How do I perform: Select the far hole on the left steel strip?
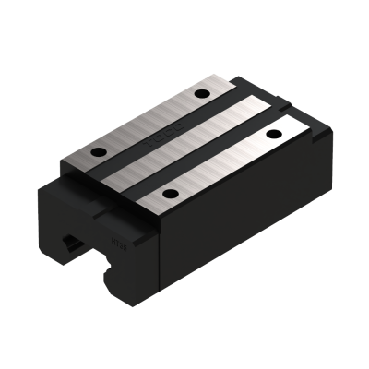pyautogui.click(x=201, y=94)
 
